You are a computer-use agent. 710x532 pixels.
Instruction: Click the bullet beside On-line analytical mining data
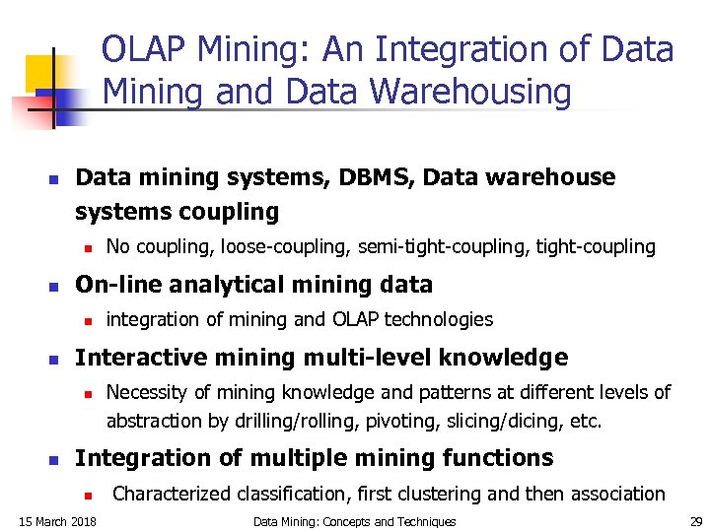[x=54, y=287]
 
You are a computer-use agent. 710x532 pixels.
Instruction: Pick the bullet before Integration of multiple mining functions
[x=54, y=460]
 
